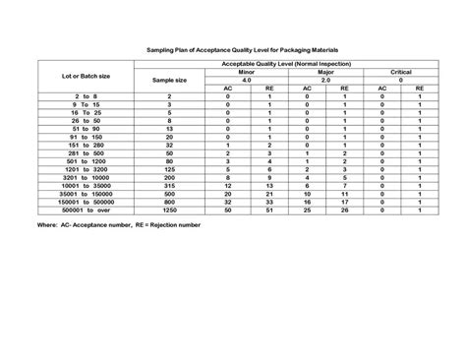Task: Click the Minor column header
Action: click(x=249, y=73)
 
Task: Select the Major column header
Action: click(x=326, y=73)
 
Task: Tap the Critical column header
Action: click(x=400, y=73)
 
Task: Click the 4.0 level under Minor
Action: click(x=249, y=81)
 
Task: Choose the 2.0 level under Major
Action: click(x=326, y=81)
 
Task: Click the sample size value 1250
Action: click(x=170, y=210)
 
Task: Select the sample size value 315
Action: click(x=170, y=186)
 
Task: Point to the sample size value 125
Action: click(x=170, y=169)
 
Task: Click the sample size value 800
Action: click(x=170, y=202)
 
